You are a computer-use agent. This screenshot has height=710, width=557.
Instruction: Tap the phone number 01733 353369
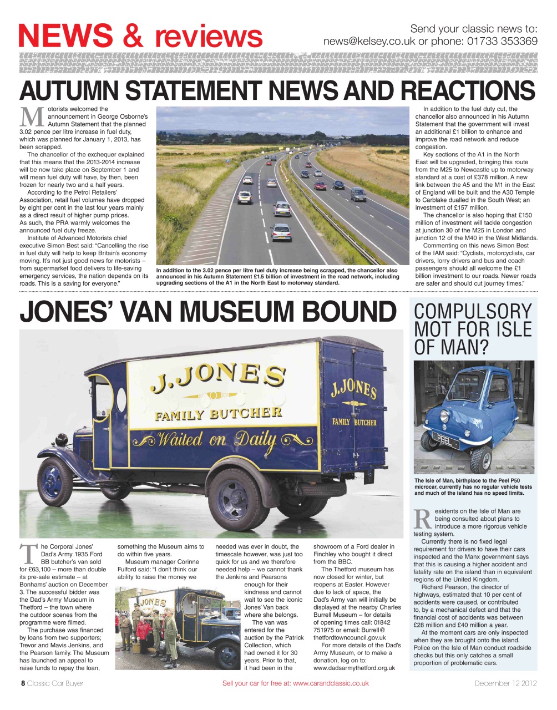pos(503,42)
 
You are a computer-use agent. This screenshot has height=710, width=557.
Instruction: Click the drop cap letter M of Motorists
pos(32,116)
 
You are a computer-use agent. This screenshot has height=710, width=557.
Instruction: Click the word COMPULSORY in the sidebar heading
pos(473,311)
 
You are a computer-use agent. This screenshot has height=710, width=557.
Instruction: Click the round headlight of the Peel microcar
pos(444,415)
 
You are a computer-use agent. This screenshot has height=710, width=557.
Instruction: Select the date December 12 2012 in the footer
pos(505,683)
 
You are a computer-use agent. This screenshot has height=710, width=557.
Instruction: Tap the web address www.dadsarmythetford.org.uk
pos(354,668)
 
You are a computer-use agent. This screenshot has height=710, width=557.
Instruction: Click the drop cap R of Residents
pos(423,519)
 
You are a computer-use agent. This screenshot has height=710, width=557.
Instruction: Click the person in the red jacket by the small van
pos(143,631)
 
